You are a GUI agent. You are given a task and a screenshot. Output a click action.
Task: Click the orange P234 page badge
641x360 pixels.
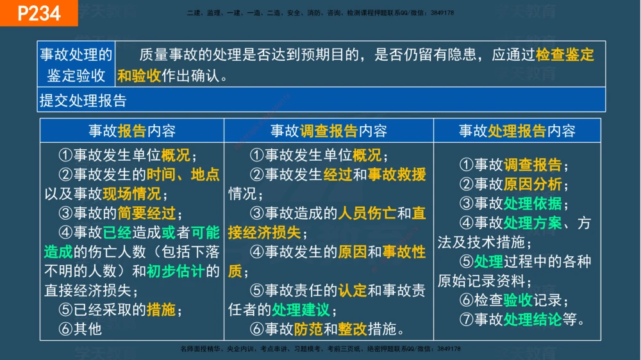pyautogui.click(x=38, y=13)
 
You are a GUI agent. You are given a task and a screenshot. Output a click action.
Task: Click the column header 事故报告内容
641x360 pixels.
pyautogui.click(x=132, y=131)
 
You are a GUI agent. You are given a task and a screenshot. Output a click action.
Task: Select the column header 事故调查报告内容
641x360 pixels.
pyautogui.click(x=328, y=131)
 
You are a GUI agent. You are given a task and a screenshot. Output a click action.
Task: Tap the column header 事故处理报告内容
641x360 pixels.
pyautogui.click(x=517, y=131)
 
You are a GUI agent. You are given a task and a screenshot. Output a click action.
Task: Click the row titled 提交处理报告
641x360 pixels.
pyautogui.click(x=83, y=101)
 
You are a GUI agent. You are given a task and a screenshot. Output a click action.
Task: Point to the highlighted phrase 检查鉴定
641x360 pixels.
pyautogui.click(x=565, y=54)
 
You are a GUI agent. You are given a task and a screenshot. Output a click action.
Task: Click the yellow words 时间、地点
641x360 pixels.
pyautogui.click(x=183, y=174)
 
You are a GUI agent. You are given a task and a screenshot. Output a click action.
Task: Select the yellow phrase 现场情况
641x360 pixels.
pyautogui.click(x=133, y=193)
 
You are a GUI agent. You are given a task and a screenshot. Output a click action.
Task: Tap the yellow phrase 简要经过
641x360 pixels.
pyautogui.click(x=147, y=213)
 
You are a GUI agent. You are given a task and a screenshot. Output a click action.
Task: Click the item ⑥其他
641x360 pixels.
pyautogui.click(x=80, y=329)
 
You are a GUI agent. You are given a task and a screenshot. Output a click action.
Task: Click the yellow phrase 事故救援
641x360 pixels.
pyautogui.click(x=397, y=174)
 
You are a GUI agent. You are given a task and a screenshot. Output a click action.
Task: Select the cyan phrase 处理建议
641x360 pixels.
pyautogui.click(x=300, y=310)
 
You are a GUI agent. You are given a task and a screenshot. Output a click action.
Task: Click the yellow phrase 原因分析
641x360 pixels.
pyautogui.click(x=532, y=184)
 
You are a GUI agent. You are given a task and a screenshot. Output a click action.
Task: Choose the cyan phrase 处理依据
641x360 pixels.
pyautogui.click(x=532, y=204)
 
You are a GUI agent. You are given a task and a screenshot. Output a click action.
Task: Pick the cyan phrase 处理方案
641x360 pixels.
pyautogui.click(x=532, y=223)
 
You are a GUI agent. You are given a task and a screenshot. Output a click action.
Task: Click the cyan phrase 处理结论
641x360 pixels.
pyautogui.click(x=532, y=319)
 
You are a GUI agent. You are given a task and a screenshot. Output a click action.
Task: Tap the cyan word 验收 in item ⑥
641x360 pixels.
pyautogui.click(x=517, y=300)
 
